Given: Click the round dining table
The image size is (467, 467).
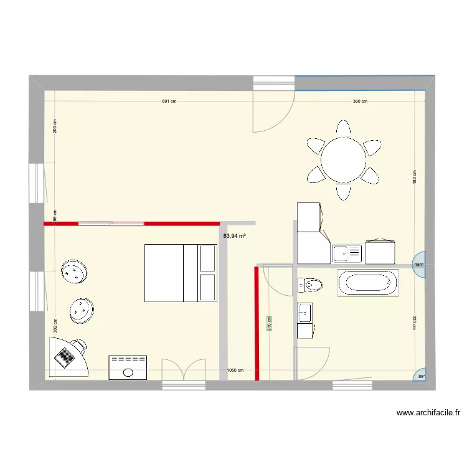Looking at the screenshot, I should coord(343,160).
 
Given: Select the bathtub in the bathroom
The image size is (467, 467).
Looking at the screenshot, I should coord(367,283).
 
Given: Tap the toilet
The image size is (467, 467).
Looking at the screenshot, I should coord(311,285).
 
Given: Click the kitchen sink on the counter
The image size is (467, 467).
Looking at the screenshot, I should coord(347,253).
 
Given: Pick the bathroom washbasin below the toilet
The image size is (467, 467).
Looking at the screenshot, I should coord(305,313).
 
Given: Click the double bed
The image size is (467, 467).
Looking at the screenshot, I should coord(181,273).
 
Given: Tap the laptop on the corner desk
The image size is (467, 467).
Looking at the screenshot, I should coord(65,356).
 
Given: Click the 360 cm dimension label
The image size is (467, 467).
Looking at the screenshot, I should coord(360,101).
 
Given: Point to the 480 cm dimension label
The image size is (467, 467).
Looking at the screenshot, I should coord(414,177).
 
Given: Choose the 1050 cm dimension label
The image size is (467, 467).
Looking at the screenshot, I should coord(235,370).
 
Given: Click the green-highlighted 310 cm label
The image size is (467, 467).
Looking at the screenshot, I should coord(270,323).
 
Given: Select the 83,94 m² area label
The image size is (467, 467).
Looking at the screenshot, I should coord(234,236).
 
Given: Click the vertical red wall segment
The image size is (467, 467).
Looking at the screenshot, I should coord(257,323).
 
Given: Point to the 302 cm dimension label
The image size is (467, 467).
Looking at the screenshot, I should coord(55,325).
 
